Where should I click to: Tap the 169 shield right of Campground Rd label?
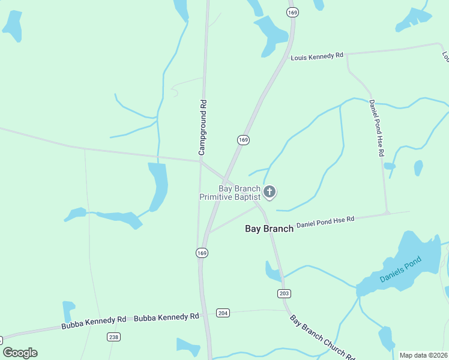243,140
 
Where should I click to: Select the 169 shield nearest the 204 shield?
202,253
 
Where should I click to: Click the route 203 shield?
285,293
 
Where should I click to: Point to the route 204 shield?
223,313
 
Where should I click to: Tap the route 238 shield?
113,337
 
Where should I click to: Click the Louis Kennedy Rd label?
316,56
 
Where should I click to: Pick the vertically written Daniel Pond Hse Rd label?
376,128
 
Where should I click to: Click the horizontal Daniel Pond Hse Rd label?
325,222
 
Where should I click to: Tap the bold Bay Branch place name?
270,229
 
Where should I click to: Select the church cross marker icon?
270,192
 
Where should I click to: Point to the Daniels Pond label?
400,269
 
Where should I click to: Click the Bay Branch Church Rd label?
322,337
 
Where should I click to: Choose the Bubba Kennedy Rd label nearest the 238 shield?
93,323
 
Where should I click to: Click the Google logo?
20,353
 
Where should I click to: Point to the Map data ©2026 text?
423,355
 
